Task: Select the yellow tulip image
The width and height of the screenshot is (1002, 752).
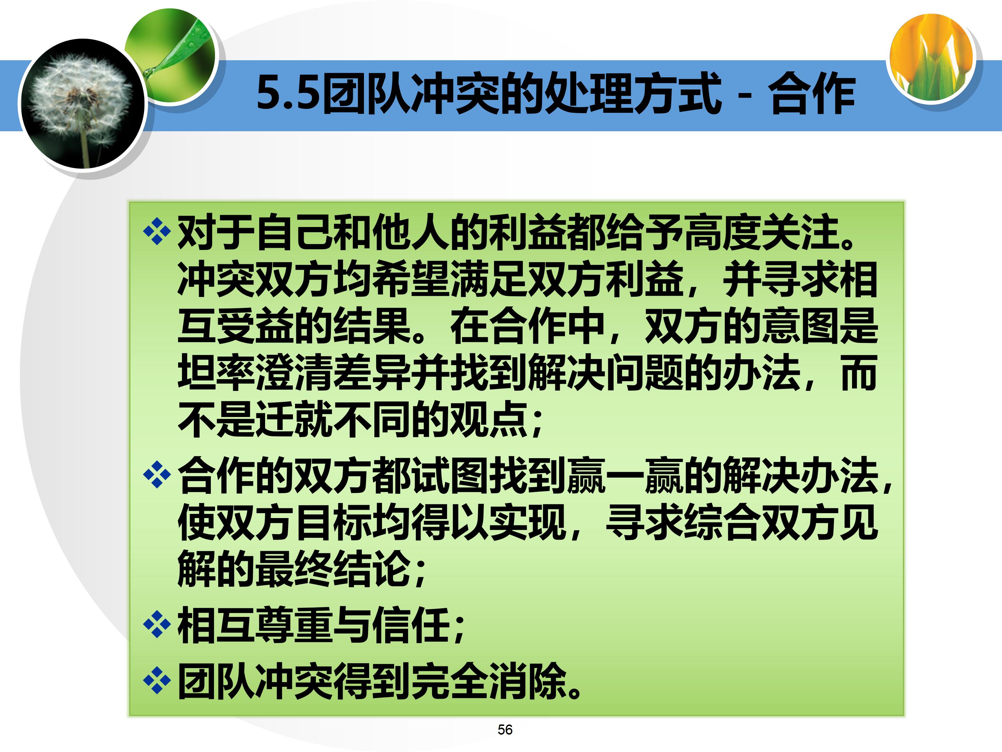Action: [x=931, y=57]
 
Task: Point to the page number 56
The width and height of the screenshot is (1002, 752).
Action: [x=504, y=729]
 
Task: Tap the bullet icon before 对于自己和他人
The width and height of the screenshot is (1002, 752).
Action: [x=157, y=232]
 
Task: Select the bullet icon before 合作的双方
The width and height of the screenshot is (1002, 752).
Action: [x=157, y=475]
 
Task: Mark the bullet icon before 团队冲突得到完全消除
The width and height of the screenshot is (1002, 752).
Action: [x=157, y=680]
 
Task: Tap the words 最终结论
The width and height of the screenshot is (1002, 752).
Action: [x=333, y=569]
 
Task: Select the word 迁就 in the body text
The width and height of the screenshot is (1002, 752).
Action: [x=294, y=419]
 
